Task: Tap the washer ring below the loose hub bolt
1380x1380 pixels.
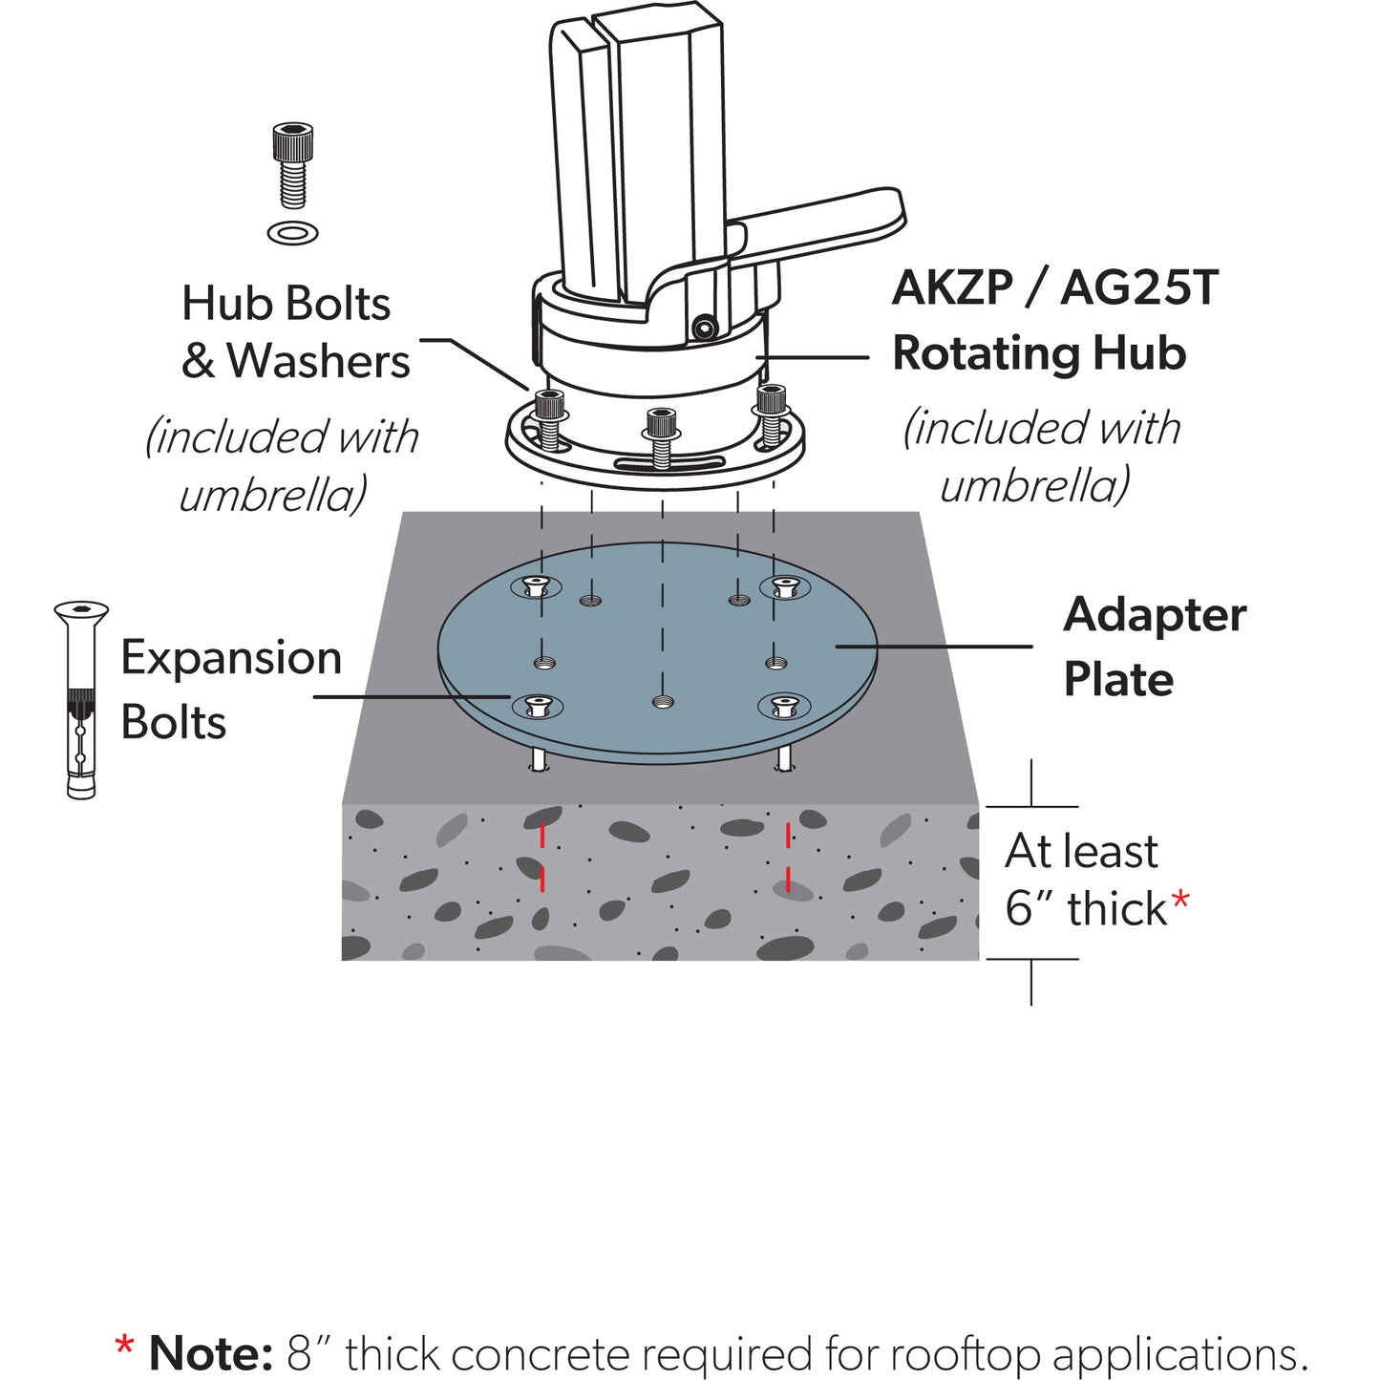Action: [x=293, y=232]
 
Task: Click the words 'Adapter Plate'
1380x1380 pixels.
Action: [x=1154, y=647]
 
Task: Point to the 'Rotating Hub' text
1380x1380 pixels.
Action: [x=1039, y=352]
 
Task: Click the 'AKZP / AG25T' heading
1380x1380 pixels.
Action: [x=1054, y=287]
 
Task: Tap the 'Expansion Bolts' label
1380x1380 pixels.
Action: [x=230, y=690]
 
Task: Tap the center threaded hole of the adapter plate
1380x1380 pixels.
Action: [x=661, y=703]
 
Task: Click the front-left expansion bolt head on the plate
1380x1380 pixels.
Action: [x=538, y=707]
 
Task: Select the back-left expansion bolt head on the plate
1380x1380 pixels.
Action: [x=538, y=586]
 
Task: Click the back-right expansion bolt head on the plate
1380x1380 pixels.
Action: [x=784, y=586]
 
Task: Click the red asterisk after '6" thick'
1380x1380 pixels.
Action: [x=1181, y=901]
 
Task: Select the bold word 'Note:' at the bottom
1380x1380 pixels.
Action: [x=211, y=1353]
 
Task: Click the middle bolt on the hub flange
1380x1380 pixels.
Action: [x=661, y=435]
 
